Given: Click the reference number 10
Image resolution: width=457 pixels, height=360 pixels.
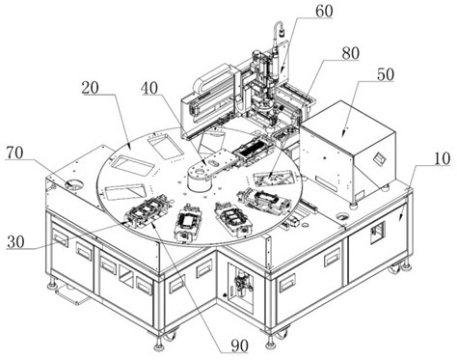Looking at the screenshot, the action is (x=442, y=159).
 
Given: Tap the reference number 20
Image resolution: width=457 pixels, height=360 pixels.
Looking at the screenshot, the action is (x=91, y=88).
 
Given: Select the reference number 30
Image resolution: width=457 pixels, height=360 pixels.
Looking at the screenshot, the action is (x=15, y=242).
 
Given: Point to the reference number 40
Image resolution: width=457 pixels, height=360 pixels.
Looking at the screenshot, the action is (x=149, y=88).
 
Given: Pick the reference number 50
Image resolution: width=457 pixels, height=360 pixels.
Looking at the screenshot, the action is (x=385, y=74).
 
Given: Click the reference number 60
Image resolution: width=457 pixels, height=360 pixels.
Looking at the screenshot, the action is (x=324, y=12).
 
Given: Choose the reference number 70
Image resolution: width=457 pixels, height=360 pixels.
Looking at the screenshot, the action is (x=14, y=152).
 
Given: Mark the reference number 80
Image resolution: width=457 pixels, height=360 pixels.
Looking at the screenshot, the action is (x=350, y=53).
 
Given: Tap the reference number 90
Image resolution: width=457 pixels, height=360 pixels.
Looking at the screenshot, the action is (x=240, y=346).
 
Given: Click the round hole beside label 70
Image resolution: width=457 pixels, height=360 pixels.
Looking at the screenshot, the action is (x=73, y=184).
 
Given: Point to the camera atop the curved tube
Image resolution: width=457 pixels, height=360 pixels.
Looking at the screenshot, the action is (x=282, y=33).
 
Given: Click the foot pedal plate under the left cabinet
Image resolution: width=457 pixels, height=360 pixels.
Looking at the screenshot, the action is (x=71, y=294).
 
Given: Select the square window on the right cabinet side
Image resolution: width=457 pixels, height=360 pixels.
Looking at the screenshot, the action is (x=377, y=233).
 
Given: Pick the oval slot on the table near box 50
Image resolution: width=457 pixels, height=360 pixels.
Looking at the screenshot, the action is (x=343, y=216).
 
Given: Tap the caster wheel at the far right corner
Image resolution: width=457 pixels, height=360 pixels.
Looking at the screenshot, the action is (x=396, y=268).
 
